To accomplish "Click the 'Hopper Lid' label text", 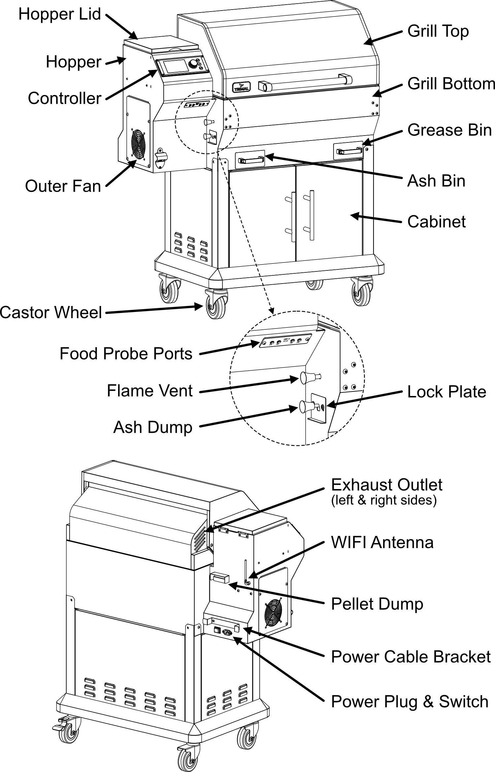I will coord(59,14).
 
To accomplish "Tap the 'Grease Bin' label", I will coord(449,130).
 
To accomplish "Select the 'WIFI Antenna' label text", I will coord(382,542).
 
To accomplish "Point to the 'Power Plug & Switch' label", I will coord(410,701).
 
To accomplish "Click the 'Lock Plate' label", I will coord(446,392).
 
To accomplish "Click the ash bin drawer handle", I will coord(251,160).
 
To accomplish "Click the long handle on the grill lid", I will coord(305,82).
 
